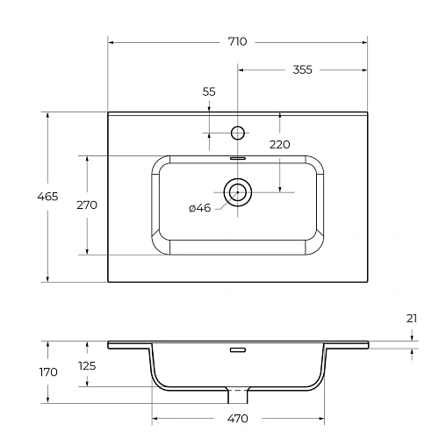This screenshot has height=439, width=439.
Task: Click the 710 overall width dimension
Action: coord(237,41)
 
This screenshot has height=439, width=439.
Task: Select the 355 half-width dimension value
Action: coord(303,69)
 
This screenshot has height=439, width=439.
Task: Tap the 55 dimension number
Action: coord(209,91)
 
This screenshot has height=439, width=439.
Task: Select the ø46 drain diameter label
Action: coord(200,208)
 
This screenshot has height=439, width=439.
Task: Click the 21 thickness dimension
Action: coord(412,320)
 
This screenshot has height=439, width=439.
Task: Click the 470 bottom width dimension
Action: coord(237,418)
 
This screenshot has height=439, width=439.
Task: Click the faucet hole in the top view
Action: coord(237,133)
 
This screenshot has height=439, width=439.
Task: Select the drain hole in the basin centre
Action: coord(237,190)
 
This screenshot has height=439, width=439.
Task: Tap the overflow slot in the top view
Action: coord(237,158)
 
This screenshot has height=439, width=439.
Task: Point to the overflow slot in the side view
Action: coord(237,349)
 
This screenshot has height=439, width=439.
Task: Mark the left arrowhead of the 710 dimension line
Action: coord(111,41)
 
